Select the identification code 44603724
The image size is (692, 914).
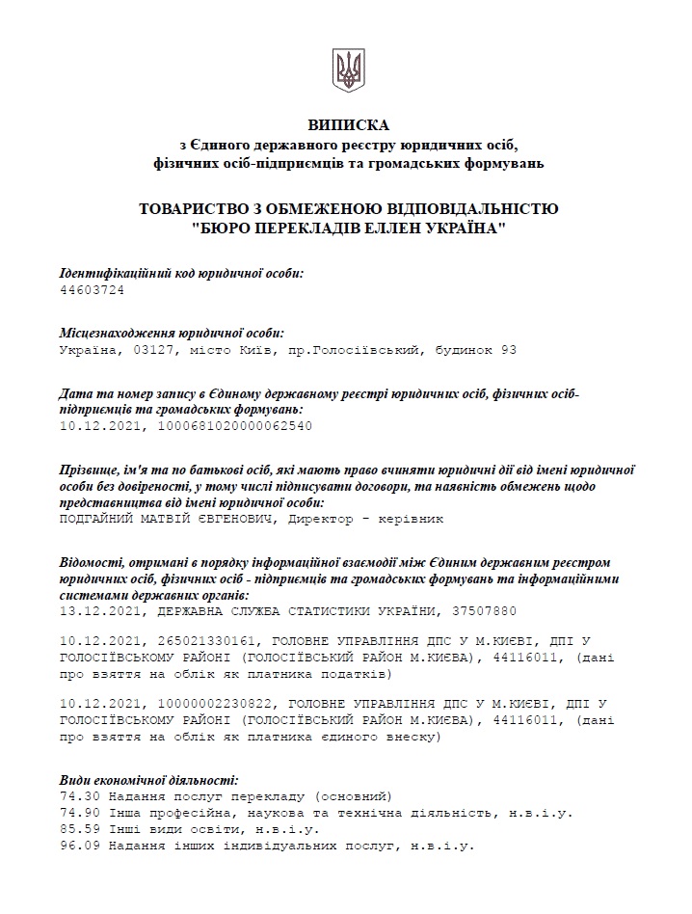click(x=93, y=289)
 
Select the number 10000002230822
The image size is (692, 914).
click(x=204, y=705)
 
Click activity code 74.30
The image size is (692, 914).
click(x=77, y=796)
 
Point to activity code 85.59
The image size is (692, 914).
click(x=77, y=829)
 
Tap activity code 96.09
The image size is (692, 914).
click(x=77, y=846)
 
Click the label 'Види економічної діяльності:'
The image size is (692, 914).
click(x=148, y=780)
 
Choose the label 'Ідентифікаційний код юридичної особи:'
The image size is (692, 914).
click(x=181, y=273)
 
